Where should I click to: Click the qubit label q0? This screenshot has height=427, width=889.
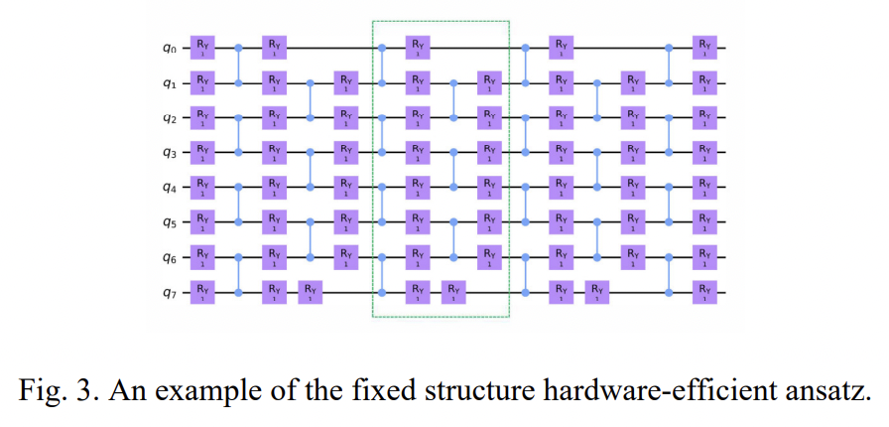coord(172,47)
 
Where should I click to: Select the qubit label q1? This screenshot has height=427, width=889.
coord(172,81)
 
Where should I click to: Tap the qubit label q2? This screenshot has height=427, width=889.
coord(172,117)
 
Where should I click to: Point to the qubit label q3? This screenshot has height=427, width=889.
coord(172,152)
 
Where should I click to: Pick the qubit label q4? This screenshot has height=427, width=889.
coord(172,187)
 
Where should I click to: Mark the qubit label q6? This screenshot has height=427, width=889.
coord(172,257)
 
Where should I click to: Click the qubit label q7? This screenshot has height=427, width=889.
coord(172,292)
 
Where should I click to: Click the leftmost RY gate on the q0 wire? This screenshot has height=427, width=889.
coord(202,47)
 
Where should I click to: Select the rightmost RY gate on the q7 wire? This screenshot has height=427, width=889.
coord(704,292)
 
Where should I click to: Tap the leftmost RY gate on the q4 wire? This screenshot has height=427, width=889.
coord(202,187)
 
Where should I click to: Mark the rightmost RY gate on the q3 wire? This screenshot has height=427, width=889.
coord(704,152)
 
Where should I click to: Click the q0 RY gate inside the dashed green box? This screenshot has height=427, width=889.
coord(418,47)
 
